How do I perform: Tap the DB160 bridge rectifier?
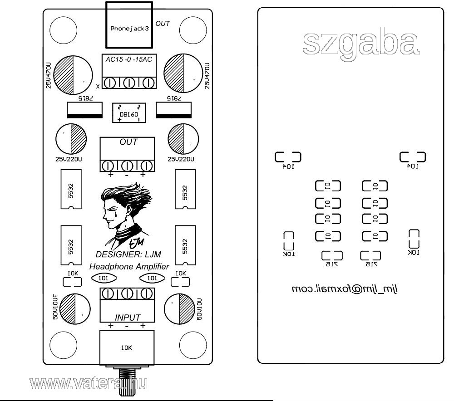pos(129,113)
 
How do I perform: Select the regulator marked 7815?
pos(85,109)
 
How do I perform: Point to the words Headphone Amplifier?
pos(129,266)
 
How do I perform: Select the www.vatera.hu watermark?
pos(89,384)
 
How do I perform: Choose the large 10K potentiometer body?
pos(128,348)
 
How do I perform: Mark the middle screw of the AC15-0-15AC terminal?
pos(129,83)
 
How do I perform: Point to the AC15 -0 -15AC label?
pos(128,60)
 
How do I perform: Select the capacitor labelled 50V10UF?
pos(74,308)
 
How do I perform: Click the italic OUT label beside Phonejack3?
pos(163,23)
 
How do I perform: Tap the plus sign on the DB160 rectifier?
pos(119,120)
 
